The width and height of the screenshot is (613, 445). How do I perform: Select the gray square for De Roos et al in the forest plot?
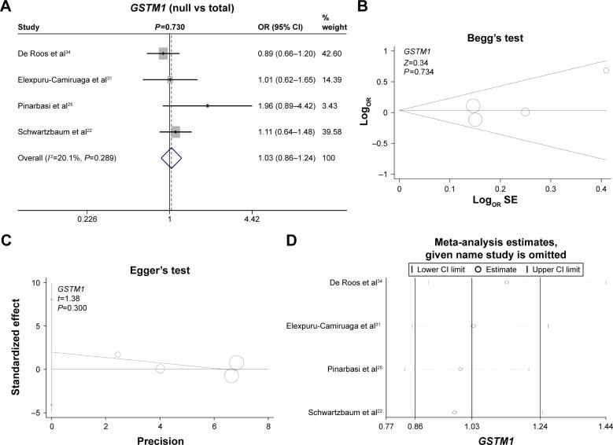coord(163,53)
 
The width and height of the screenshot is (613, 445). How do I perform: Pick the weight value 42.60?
coord(329,53)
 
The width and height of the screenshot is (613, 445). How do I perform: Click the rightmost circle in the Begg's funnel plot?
coord(606,71)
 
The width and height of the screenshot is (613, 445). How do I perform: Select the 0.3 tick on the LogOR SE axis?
coord(550,189)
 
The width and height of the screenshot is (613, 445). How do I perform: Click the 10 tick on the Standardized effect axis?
coord(35,282)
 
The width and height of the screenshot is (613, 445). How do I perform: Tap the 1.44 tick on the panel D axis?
coord(605,425)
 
